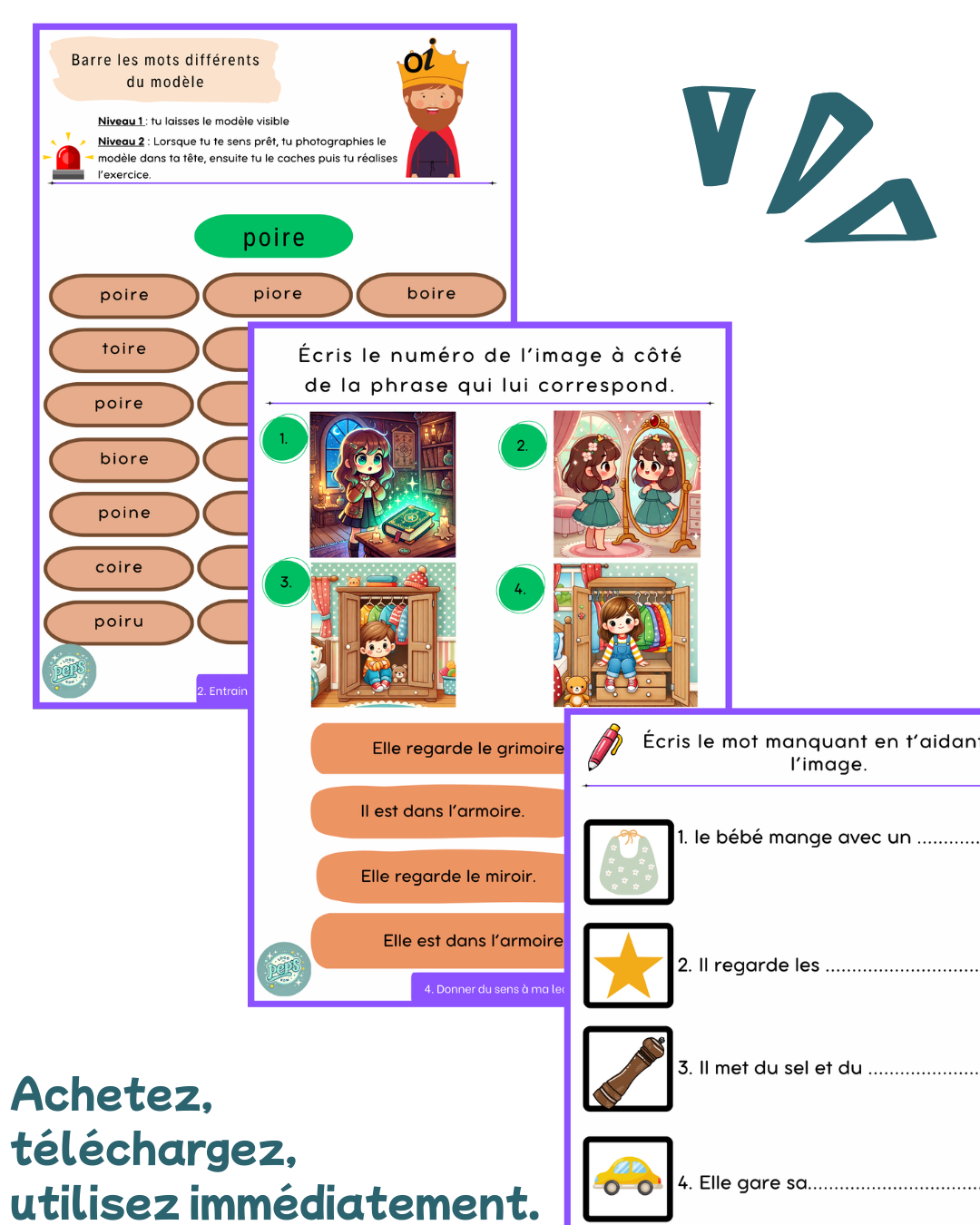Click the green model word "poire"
273,237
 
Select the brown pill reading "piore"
278,294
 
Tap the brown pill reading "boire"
431,294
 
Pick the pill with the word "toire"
123,349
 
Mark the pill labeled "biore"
123,459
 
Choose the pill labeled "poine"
123,514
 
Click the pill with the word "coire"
119,568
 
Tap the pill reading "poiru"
119,622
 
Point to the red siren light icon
68,158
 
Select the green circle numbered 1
284,439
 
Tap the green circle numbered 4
521,590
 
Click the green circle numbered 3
287,583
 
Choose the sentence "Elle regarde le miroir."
447,877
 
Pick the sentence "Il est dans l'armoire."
442,811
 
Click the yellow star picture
628,965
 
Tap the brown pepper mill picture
628,1069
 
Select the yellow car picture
628,1178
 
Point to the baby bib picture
628,862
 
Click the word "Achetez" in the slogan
112,1095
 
